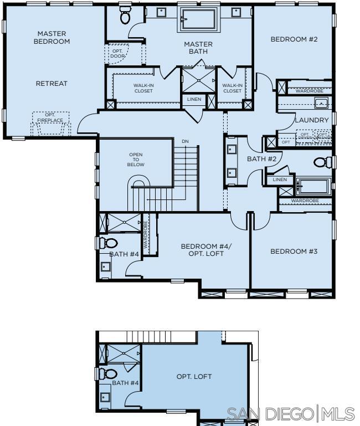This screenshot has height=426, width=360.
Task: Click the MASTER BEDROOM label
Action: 52,37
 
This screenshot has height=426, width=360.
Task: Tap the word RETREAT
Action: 52,84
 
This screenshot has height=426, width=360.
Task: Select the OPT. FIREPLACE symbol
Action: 50,124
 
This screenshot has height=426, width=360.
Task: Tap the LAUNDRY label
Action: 312,120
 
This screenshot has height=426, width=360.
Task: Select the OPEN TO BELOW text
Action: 136,160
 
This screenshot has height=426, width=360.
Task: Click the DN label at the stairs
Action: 185,142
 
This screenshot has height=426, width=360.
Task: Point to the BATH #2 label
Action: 261,159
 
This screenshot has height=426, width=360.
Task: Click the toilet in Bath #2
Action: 321,162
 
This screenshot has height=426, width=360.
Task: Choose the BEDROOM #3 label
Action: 294,252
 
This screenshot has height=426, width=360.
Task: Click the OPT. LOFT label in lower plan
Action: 194,377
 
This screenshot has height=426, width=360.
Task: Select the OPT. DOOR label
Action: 117,53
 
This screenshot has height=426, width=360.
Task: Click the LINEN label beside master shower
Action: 194,99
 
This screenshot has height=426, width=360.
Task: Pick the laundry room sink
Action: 321,102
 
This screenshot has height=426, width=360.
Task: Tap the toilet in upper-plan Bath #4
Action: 110,243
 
